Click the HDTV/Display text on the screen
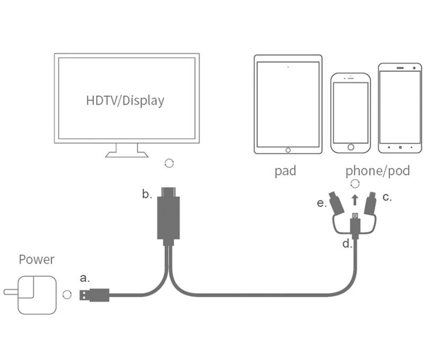point(125,101)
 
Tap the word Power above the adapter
point(37,259)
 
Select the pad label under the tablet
point(285,171)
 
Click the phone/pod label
point(377,171)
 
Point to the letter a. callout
point(85,278)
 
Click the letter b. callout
point(147,194)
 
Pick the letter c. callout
point(387,197)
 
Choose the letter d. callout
point(347,244)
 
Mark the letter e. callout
point(322,203)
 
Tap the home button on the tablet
point(288,150)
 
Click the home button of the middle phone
point(351,147)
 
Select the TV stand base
point(127,154)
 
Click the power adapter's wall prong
point(11,292)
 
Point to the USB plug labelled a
point(94,295)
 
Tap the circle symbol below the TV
point(169,163)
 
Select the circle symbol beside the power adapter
point(67,295)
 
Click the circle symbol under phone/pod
point(355,184)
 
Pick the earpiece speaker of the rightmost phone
point(400,68)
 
